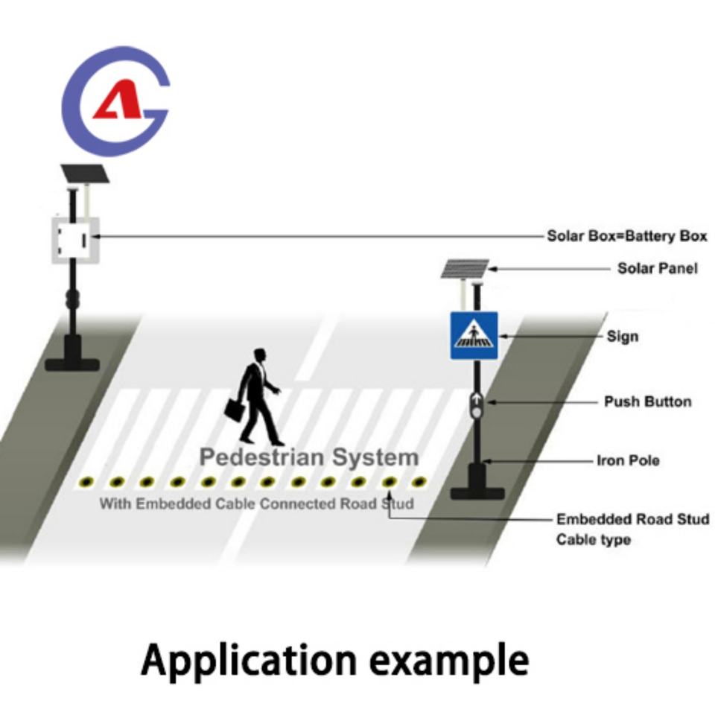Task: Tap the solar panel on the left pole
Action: (x=85, y=174)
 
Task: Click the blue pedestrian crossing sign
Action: (x=474, y=336)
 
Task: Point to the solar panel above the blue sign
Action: (x=465, y=269)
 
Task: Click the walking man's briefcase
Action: (x=235, y=410)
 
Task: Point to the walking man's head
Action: (x=259, y=356)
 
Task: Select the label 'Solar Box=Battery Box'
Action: (x=627, y=236)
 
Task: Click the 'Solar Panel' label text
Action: (x=658, y=268)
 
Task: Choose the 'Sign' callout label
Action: (x=623, y=337)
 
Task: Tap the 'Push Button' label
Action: (x=647, y=401)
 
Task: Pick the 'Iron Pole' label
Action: (x=629, y=460)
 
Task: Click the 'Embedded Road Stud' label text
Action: (x=633, y=519)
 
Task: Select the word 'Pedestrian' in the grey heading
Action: (x=263, y=457)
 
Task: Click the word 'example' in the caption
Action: (x=449, y=661)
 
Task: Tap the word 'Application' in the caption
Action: (x=249, y=661)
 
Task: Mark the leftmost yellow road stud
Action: (x=86, y=482)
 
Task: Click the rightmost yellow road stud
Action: (x=419, y=481)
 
